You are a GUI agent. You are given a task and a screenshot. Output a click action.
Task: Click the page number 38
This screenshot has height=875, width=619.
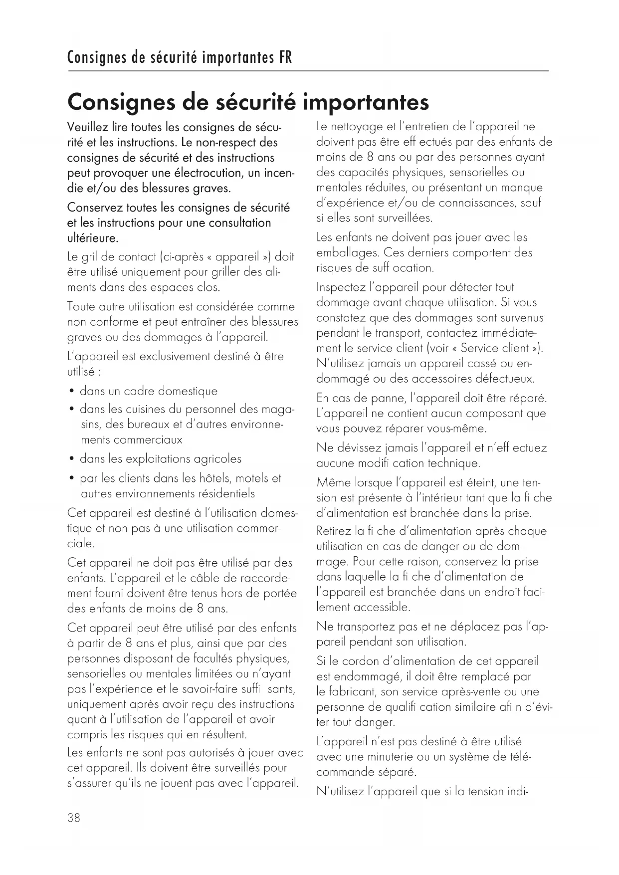point(73,818)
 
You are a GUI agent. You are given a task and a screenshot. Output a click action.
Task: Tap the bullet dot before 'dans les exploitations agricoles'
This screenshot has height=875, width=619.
point(72,459)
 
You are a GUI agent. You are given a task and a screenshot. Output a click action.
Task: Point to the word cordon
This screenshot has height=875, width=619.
point(357,661)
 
